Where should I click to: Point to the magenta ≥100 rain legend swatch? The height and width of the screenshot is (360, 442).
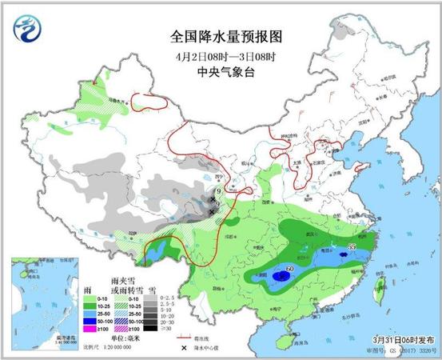coord(90,330)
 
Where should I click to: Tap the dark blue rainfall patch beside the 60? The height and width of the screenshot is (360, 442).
coord(279,276)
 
